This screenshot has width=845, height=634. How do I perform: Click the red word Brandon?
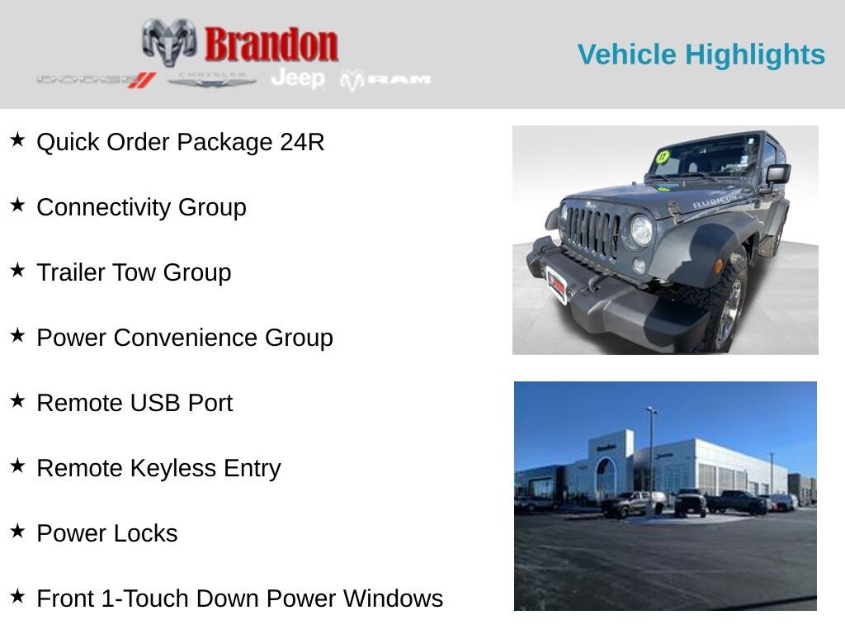click(x=271, y=45)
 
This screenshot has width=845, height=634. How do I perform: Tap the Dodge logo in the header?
click(x=96, y=80)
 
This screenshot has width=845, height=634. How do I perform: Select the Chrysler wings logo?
click(x=212, y=79)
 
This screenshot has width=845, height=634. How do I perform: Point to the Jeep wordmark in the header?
click(x=298, y=78)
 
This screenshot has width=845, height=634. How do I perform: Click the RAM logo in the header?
click(x=386, y=79)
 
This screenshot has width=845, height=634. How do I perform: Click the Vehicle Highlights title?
click(x=701, y=54)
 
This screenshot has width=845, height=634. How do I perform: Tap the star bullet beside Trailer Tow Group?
click(x=17, y=270)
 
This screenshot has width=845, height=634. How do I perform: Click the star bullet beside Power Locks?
click(x=17, y=531)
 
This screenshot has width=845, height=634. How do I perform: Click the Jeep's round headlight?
click(x=641, y=230)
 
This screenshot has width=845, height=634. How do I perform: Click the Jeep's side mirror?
click(x=777, y=174)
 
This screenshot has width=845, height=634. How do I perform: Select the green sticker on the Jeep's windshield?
click(x=662, y=157)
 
